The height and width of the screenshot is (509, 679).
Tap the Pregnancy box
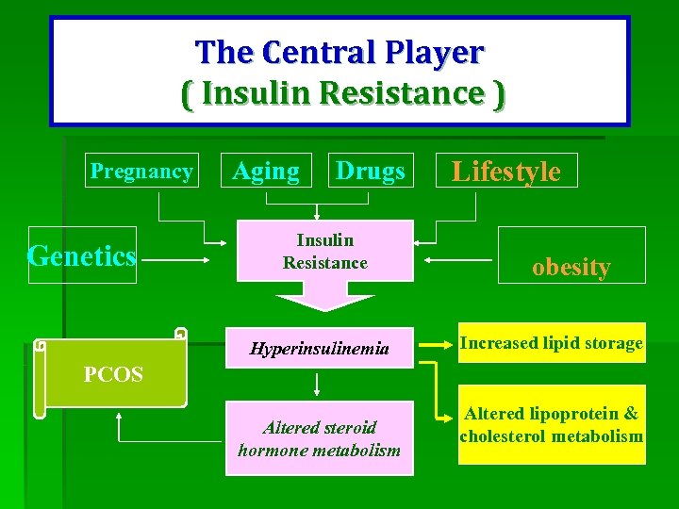(x=141, y=171)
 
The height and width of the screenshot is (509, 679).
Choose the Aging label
(x=265, y=171)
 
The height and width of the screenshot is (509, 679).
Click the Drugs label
(x=370, y=171)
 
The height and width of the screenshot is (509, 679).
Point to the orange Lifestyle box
(x=505, y=171)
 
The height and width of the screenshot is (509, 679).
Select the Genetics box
(x=83, y=254)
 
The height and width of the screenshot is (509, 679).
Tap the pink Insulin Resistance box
(x=325, y=252)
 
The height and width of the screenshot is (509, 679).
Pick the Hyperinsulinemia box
(x=319, y=349)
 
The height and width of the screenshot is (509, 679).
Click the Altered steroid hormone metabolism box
(x=319, y=438)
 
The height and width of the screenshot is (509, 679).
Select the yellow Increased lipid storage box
(x=552, y=343)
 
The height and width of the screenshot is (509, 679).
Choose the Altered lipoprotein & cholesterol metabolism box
(x=552, y=424)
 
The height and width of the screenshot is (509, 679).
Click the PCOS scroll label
(x=113, y=374)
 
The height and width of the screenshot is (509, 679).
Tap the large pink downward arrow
(x=325, y=301)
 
